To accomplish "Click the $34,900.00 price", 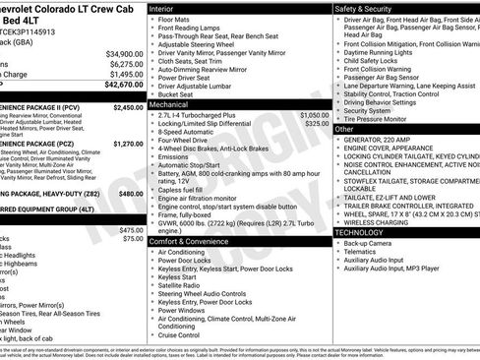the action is click(124, 53).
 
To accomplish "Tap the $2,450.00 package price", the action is click(128, 107).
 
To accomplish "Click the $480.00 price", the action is click(131, 195).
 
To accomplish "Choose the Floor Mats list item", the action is click(177, 19).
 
